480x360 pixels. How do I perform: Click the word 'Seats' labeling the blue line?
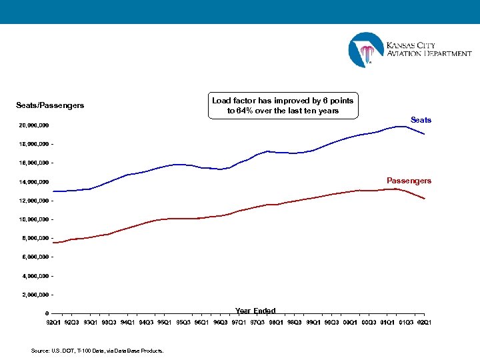click(x=421, y=120)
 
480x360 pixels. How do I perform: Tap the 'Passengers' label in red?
click(x=409, y=181)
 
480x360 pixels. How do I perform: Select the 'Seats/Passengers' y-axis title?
click(x=50, y=105)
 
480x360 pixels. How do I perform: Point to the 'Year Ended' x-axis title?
click(x=255, y=311)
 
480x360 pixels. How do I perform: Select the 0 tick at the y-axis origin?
click(x=47, y=313)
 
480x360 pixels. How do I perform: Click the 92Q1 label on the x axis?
click(x=53, y=323)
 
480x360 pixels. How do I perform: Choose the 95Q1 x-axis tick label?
click(x=164, y=323)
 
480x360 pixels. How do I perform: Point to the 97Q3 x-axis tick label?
click(x=257, y=323)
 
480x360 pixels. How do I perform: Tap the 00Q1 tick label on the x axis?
click(x=350, y=323)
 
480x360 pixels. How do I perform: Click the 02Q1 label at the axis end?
click(x=423, y=323)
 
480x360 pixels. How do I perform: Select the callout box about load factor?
click(x=283, y=105)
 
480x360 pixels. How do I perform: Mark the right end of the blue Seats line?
click(x=425, y=134)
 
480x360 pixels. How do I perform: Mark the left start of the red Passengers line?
click(x=53, y=243)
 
